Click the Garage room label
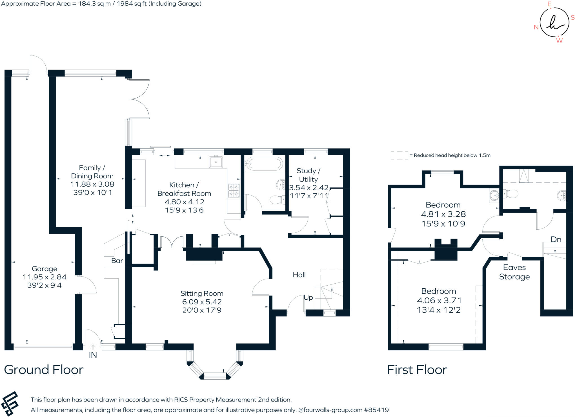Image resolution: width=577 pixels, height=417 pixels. tap(45, 269)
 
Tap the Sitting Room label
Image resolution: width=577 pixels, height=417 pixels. tap(202, 293)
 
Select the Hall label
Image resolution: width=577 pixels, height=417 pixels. tap(299, 275)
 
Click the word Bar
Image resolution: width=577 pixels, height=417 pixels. tap(117, 261)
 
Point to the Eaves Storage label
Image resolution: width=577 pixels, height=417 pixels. tap(514, 272)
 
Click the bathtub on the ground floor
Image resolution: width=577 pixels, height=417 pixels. tap(263, 163)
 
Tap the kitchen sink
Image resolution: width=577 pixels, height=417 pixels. tap(216, 162)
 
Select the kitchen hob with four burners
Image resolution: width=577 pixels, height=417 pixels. tap(234, 190)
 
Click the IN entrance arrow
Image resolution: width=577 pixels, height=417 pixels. tap(93, 347)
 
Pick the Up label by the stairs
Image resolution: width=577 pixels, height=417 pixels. tap(308, 298)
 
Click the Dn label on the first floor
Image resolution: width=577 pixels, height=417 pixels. tap(556, 239)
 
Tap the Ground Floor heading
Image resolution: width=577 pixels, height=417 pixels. tap(44, 370)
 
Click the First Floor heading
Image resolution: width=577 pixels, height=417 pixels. tap(417, 370)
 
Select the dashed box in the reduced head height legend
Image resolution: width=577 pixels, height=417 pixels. tap(399, 155)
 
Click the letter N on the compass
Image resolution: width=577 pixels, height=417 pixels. tap(536, 27)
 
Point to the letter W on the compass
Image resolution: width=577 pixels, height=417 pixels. tap(559, 41)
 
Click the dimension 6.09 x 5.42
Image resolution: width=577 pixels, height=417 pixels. tap(202, 302)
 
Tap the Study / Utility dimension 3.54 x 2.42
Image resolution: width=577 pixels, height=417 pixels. tap(309, 188)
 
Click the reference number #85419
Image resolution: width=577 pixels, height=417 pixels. tap(376, 410)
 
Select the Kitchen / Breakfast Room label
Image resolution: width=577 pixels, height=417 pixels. tap(184, 189)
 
